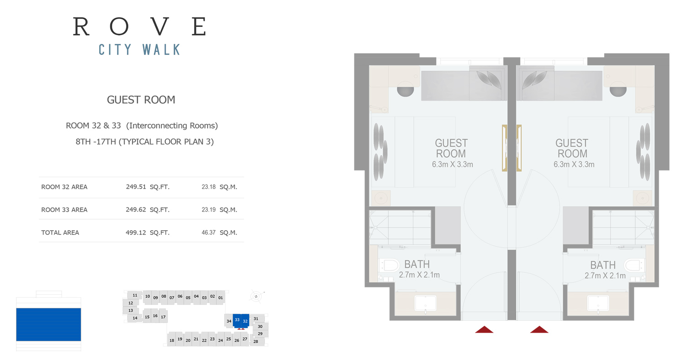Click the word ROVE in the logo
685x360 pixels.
point(139,26)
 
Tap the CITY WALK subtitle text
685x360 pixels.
point(139,49)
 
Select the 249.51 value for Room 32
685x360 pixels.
point(136,186)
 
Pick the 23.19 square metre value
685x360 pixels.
point(209,210)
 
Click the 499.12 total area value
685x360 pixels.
point(136,233)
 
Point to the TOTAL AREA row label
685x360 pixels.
point(60,233)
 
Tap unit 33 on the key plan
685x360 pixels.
point(237,320)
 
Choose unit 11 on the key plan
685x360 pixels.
point(135,295)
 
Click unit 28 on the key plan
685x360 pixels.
point(256,341)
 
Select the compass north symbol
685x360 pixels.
point(256,296)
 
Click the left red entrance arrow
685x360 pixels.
point(484,329)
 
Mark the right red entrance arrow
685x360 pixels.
point(539,329)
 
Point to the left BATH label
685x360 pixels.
point(417,264)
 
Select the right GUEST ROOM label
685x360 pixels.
point(572,148)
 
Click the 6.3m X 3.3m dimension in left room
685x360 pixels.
point(452,164)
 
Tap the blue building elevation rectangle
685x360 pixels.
point(48,324)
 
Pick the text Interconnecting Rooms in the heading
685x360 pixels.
point(172,126)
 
